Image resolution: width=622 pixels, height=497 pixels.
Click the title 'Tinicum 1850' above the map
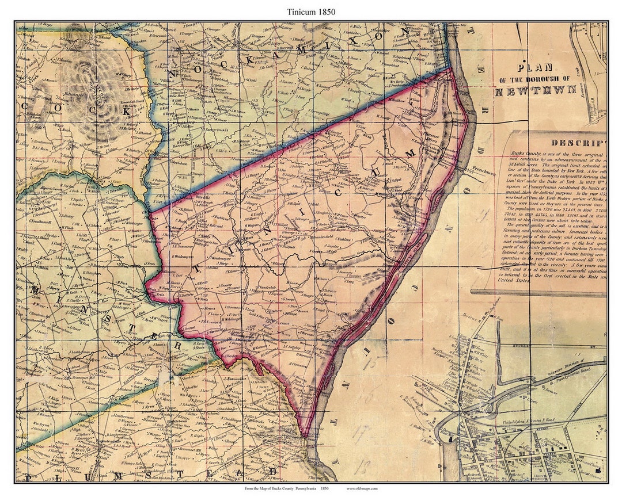pyautogui.click(x=311, y=12)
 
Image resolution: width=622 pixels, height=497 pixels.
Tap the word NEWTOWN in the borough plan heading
pyautogui.click(x=535, y=90)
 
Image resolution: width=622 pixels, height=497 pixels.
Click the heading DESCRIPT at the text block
pyautogui.click(x=577, y=143)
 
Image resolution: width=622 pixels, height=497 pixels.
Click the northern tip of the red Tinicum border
pyautogui.click(x=450, y=70)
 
